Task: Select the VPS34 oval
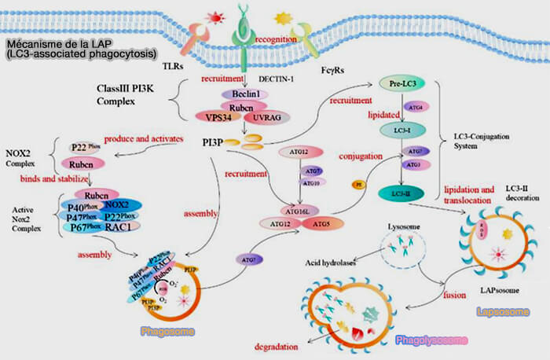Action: coord(214,116)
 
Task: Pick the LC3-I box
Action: coord(401,129)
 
